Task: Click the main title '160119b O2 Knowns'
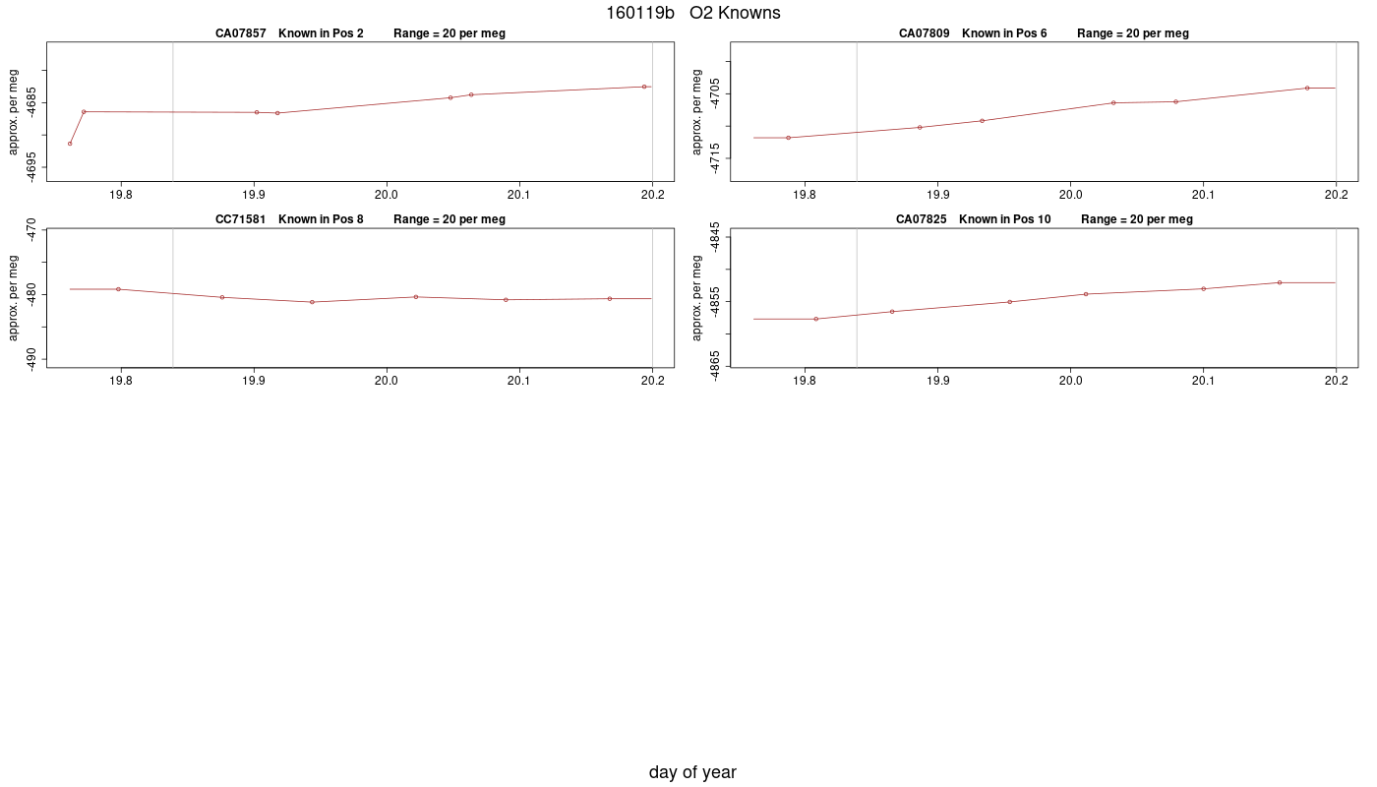(692, 13)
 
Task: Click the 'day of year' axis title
(692, 772)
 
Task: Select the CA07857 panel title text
(360, 33)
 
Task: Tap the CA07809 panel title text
(1044, 33)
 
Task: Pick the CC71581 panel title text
(360, 219)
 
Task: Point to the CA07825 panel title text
(1044, 219)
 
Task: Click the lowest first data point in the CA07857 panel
(70, 144)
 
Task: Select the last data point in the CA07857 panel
(644, 87)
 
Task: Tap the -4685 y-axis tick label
(30, 102)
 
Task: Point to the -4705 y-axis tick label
(714, 93)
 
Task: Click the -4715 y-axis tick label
(714, 158)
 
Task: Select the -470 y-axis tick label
(30, 229)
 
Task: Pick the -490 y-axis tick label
(30, 360)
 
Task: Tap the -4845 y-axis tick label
(714, 237)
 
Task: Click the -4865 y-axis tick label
(714, 366)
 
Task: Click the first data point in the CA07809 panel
(789, 138)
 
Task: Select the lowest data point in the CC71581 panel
(313, 302)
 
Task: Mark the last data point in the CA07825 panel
(1280, 283)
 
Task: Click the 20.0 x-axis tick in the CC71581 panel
(387, 371)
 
